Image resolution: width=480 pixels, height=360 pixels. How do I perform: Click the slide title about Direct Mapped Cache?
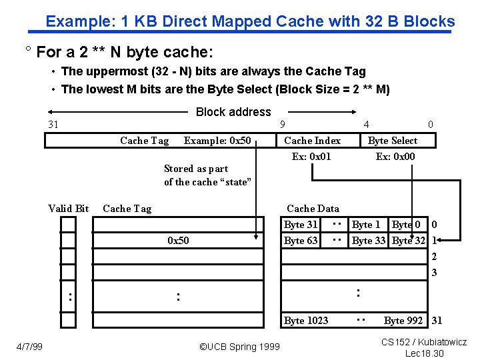tap(250, 21)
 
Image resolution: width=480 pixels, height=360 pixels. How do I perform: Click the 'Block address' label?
tap(233, 112)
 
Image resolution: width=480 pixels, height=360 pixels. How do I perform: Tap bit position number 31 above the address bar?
tap(54, 125)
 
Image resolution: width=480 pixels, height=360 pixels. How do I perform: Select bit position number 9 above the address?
tap(283, 125)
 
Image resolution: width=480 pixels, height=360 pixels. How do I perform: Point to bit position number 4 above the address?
tap(366, 125)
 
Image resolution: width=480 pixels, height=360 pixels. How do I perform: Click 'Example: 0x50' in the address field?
tap(217, 141)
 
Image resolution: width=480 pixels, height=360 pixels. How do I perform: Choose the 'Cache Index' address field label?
tap(312, 141)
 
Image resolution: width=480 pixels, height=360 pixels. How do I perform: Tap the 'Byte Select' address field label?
tap(393, 141)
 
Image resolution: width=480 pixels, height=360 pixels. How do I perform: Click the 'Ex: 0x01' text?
tap(311, 157)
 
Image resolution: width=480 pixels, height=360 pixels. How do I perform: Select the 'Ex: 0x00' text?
tap(395, 157)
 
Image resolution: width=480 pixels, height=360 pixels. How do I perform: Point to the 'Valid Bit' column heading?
tap(69, 209)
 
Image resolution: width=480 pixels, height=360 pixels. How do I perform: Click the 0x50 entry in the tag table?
tap(178, 241)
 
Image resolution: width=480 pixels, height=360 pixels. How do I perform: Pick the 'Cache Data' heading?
tap(313, 209)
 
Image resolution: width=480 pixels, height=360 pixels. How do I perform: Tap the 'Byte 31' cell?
tap(301, 225)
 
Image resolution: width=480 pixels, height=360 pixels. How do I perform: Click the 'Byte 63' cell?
tap(301, 241)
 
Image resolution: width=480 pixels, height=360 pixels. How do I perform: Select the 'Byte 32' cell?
tap(409, 241)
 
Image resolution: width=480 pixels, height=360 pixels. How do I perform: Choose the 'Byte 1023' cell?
tap(306, 321)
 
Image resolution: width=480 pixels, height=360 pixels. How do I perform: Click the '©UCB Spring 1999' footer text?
tap(240, 347)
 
